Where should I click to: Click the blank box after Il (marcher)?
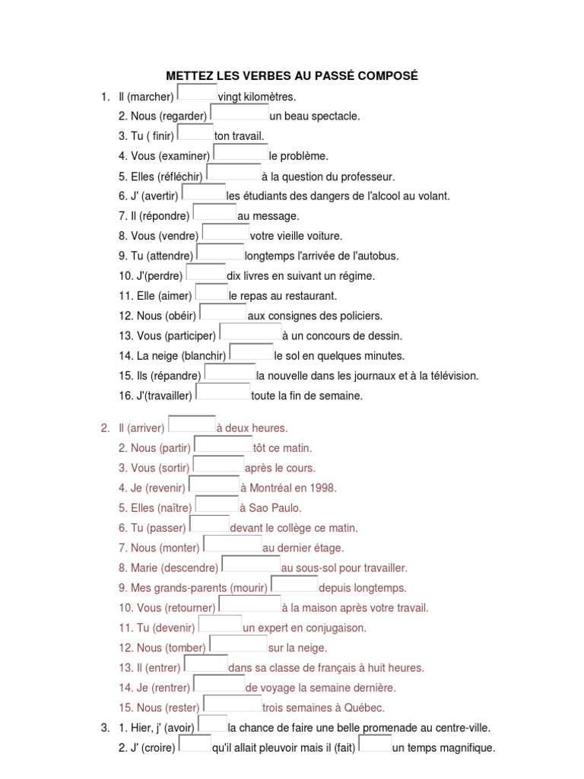[x=197, y=92]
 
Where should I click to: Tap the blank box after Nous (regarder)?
[x=239, y=112]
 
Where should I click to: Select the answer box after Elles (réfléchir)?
[x=233, y=172]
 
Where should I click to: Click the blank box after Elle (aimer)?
[x=212, y=291]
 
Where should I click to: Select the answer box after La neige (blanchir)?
[x=251, y=351]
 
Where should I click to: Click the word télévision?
[x=452, y=376]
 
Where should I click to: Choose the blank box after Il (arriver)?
[x=192, y=424]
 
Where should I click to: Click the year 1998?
[x=323, y=488]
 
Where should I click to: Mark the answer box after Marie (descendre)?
[x=250, y=564]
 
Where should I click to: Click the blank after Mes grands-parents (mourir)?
[x=295, y=583]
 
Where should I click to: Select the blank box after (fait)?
[x=375, y=743]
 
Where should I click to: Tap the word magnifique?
[x=465, y=748]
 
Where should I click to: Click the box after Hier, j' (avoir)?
[x=212, y=723]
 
